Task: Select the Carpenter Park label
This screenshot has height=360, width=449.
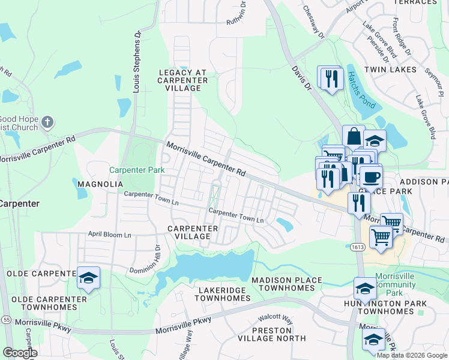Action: (x=137, y=170)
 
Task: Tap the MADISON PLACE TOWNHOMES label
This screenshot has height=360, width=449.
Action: (x=283, y=284)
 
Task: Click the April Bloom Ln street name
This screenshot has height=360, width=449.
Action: (x=109, y=235)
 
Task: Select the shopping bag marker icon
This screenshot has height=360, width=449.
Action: (x=354, y=136)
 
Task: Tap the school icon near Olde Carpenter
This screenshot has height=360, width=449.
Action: (x=88, y=278)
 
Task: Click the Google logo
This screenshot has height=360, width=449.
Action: (x=20, y=353)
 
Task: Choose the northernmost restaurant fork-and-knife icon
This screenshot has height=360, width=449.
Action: (x=331, y=78)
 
